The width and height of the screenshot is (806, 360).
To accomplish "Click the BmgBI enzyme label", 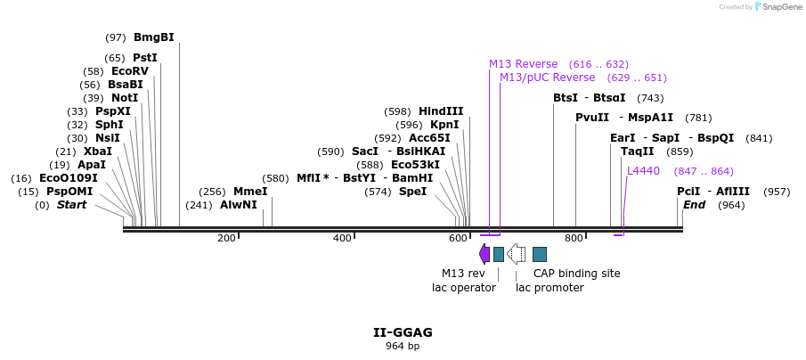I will click(153, 37).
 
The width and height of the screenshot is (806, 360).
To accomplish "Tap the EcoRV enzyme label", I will click(130, 71).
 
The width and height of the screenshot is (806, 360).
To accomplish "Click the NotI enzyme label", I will click(124, 98).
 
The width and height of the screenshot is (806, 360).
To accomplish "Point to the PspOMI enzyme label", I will click(69, 192).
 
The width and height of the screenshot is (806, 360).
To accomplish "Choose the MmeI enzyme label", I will click(250, 192).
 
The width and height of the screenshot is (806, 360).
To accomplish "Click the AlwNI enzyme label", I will click(239, 205).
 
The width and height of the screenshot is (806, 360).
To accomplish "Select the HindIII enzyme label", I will click(441, 111).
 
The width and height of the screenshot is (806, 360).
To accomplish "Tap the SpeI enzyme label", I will click(412, 192).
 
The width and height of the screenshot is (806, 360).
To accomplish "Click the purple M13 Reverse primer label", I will click(523, 64).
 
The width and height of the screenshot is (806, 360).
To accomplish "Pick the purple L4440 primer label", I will click(643, 171).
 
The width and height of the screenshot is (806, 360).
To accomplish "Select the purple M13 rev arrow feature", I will click(484, 254).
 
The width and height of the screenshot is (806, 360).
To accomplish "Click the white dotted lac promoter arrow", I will click(516, 254).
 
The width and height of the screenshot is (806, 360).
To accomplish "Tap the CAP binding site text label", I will click(576, 274).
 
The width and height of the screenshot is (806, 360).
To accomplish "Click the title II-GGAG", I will click(403, 332).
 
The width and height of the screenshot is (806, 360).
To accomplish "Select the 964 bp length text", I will click(403, 347).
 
